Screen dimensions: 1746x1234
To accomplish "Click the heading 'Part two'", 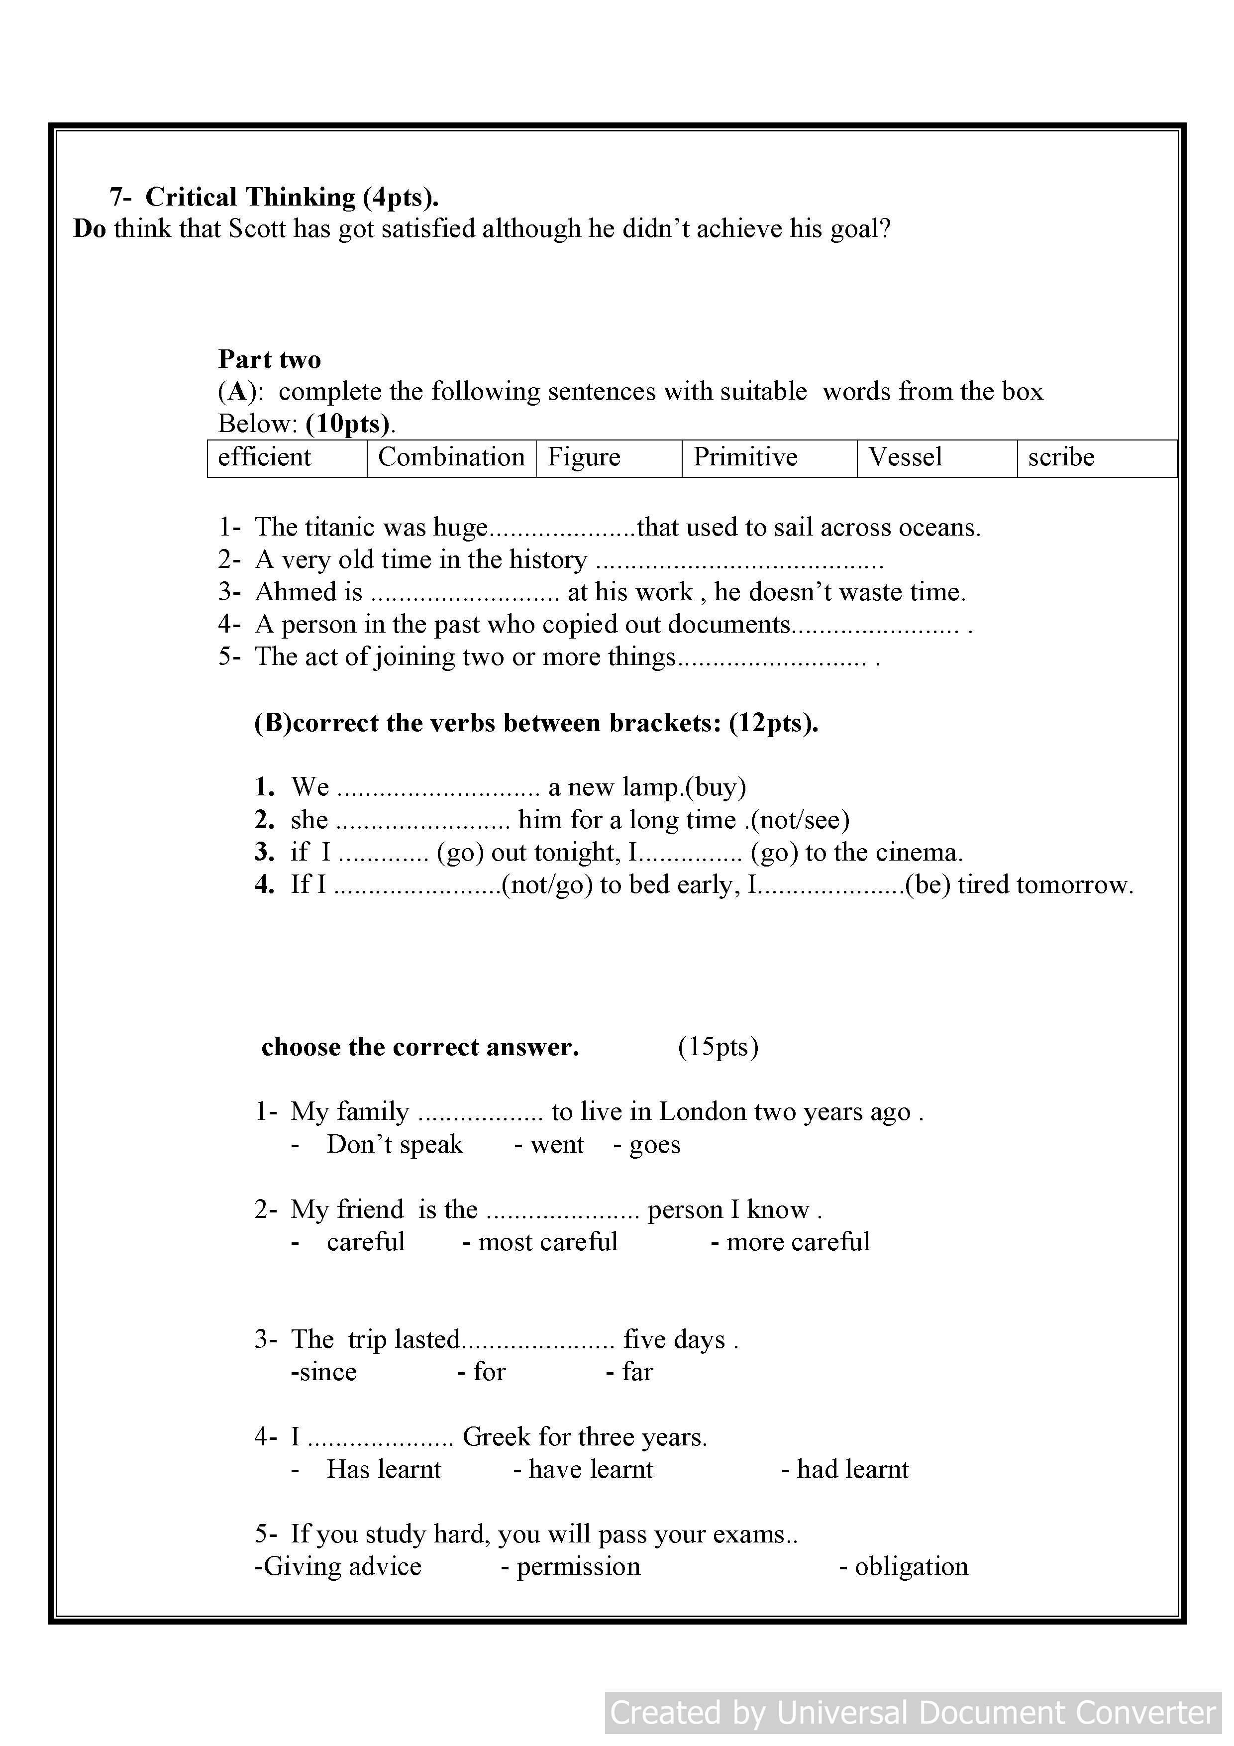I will (x=269, y=360).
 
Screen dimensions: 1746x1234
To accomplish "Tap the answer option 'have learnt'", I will (x=590, y=1470).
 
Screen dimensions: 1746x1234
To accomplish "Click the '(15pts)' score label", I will (x=718, y=1048).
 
